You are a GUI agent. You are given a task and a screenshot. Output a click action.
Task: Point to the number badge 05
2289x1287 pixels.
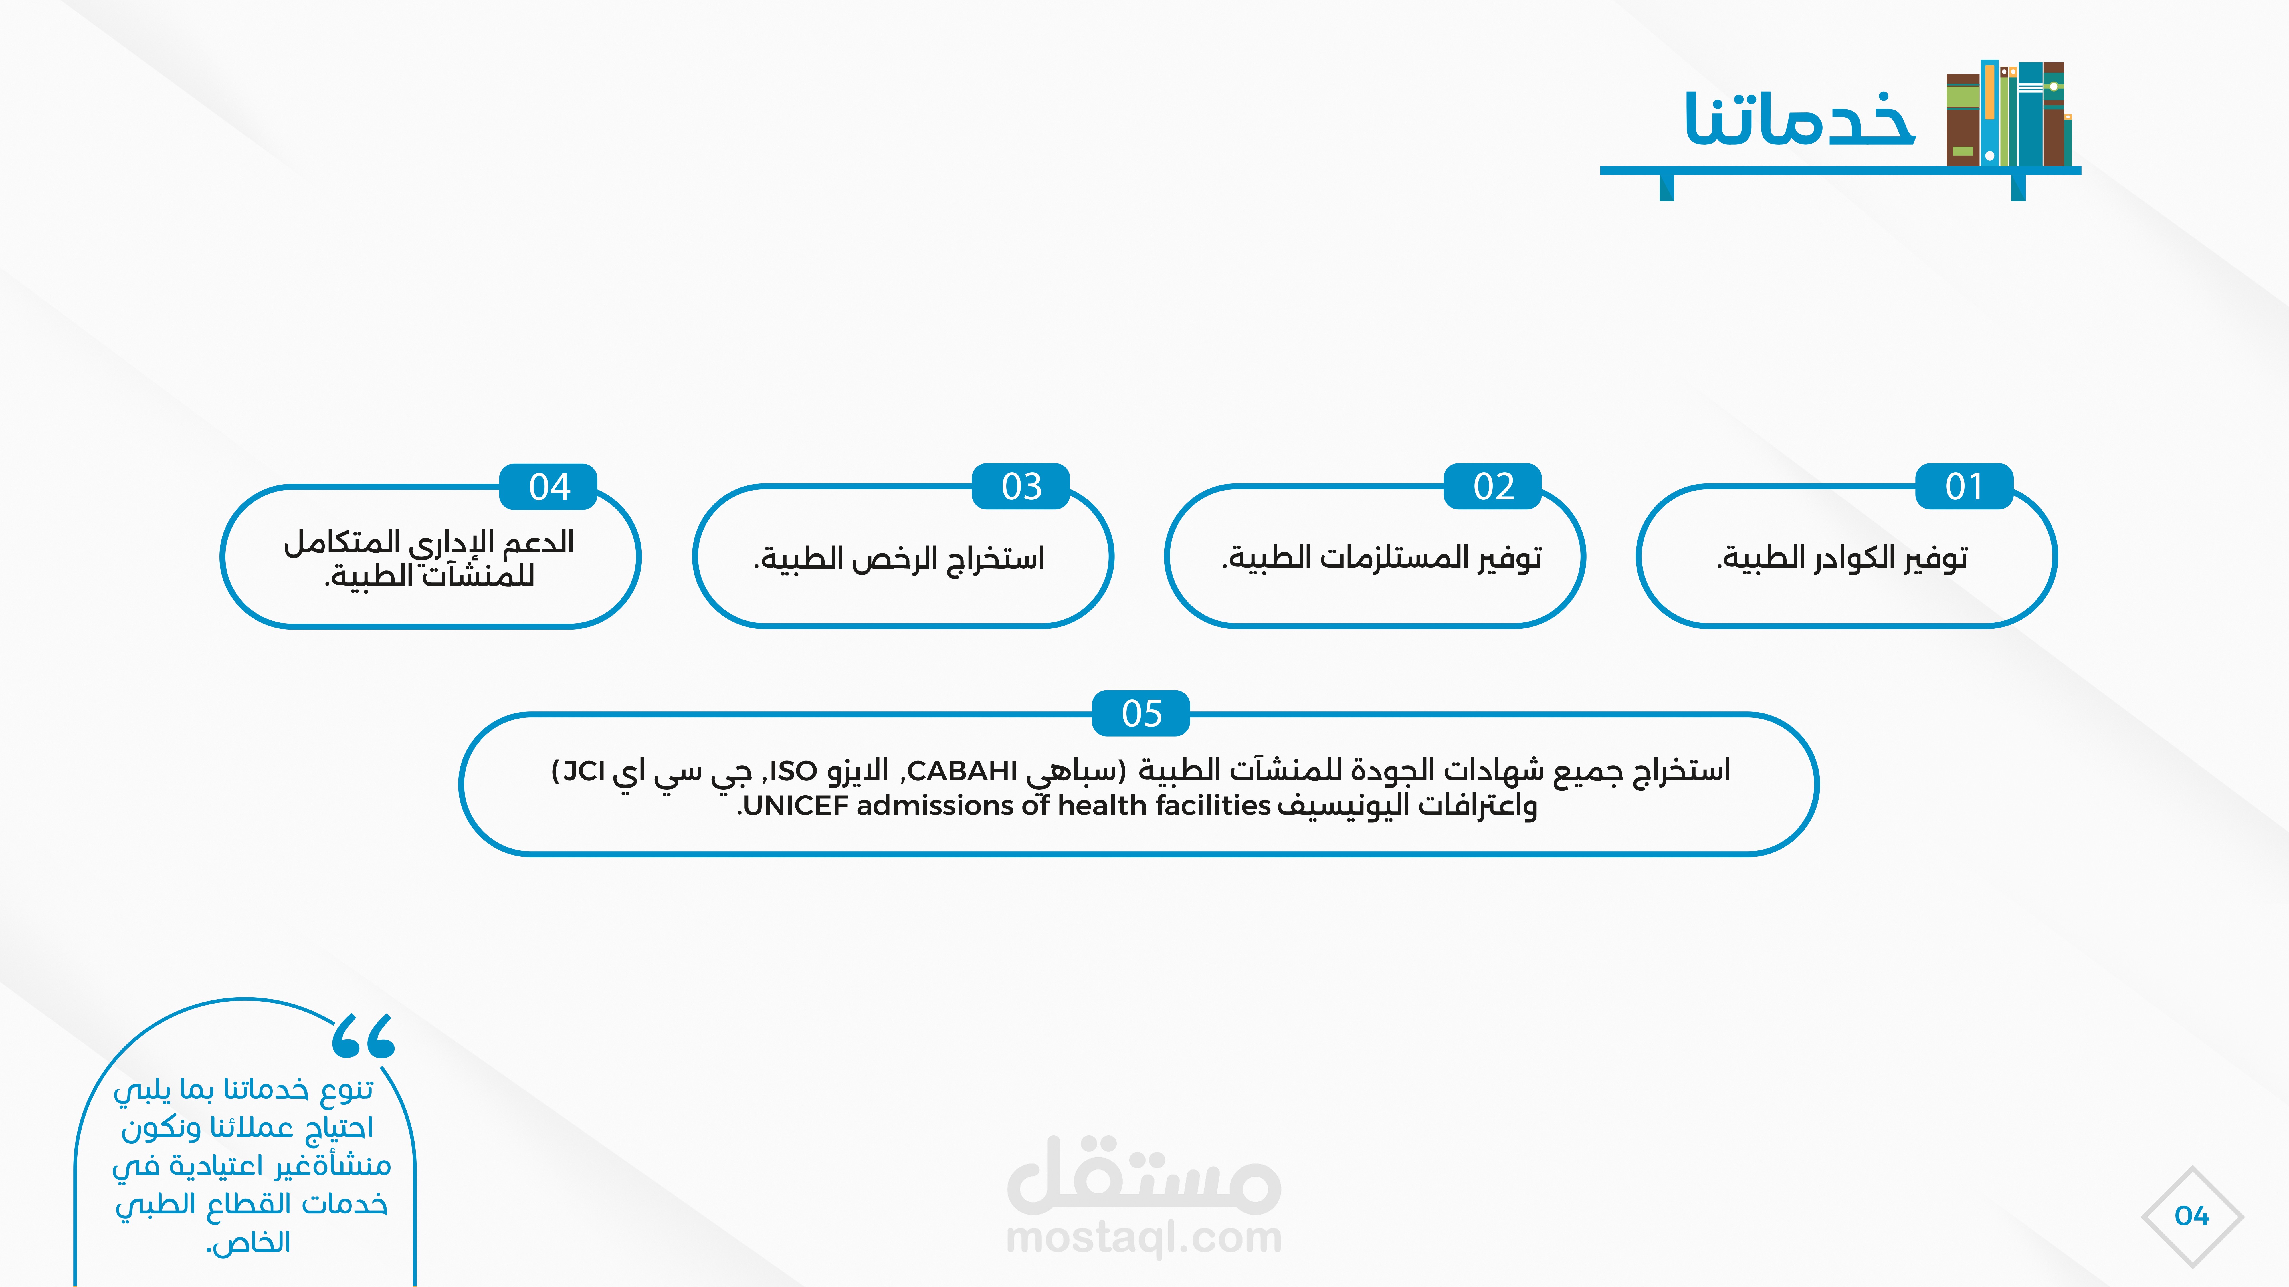(1141, 713)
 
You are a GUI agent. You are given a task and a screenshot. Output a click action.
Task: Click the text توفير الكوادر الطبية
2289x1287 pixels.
(1842, 558)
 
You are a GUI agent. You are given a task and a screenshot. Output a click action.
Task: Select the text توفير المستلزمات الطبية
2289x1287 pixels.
(1382, 558)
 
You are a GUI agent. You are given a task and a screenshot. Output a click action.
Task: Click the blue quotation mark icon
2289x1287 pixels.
(363, 1036)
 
